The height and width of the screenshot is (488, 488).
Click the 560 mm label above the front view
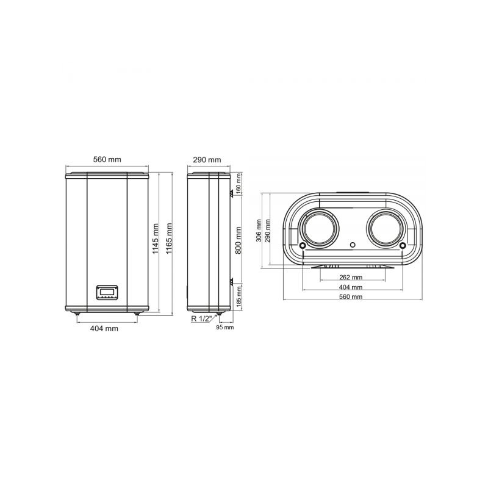coord(107,160)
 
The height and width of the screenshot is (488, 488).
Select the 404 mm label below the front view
coord(104,328)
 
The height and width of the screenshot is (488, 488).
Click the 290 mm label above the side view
coord(207,160)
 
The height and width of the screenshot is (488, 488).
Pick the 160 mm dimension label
coord(239,184)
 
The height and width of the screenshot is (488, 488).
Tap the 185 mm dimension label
coord(239,296)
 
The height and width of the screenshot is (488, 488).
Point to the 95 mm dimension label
coord(224,327)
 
